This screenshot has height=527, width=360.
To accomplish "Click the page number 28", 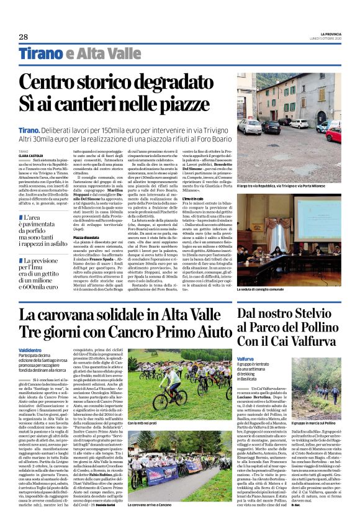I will pyautogui.click(x=24, y=37).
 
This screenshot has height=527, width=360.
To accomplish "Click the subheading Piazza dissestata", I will pyautogui.click(x=88, y=219).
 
